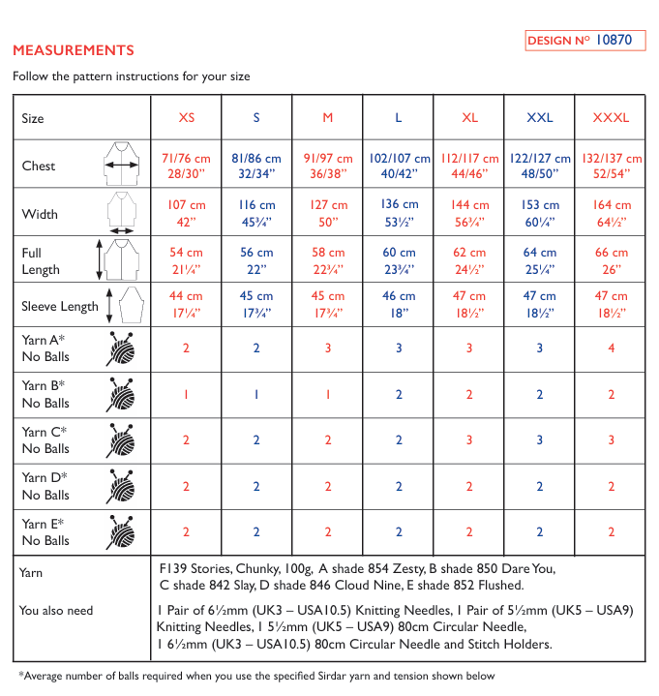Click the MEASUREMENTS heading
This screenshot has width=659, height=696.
click(73, 50)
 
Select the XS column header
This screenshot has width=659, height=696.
click(186, 118)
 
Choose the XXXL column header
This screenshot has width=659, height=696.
click(611, 118)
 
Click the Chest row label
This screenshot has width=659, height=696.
click(39, 166)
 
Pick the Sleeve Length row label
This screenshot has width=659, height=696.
click(60, 306)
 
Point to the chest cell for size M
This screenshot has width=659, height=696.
click(327, 166)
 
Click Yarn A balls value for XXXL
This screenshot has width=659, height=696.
click(611, 348)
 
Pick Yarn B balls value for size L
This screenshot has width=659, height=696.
click(399, 394)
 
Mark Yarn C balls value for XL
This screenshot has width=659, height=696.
click(469, 439)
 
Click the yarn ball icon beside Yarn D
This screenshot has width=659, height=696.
click(121, 486)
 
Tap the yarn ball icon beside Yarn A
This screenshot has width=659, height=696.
click(121, 348)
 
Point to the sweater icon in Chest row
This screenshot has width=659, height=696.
click(122, 165)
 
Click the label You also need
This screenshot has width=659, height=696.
click(56, 610)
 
